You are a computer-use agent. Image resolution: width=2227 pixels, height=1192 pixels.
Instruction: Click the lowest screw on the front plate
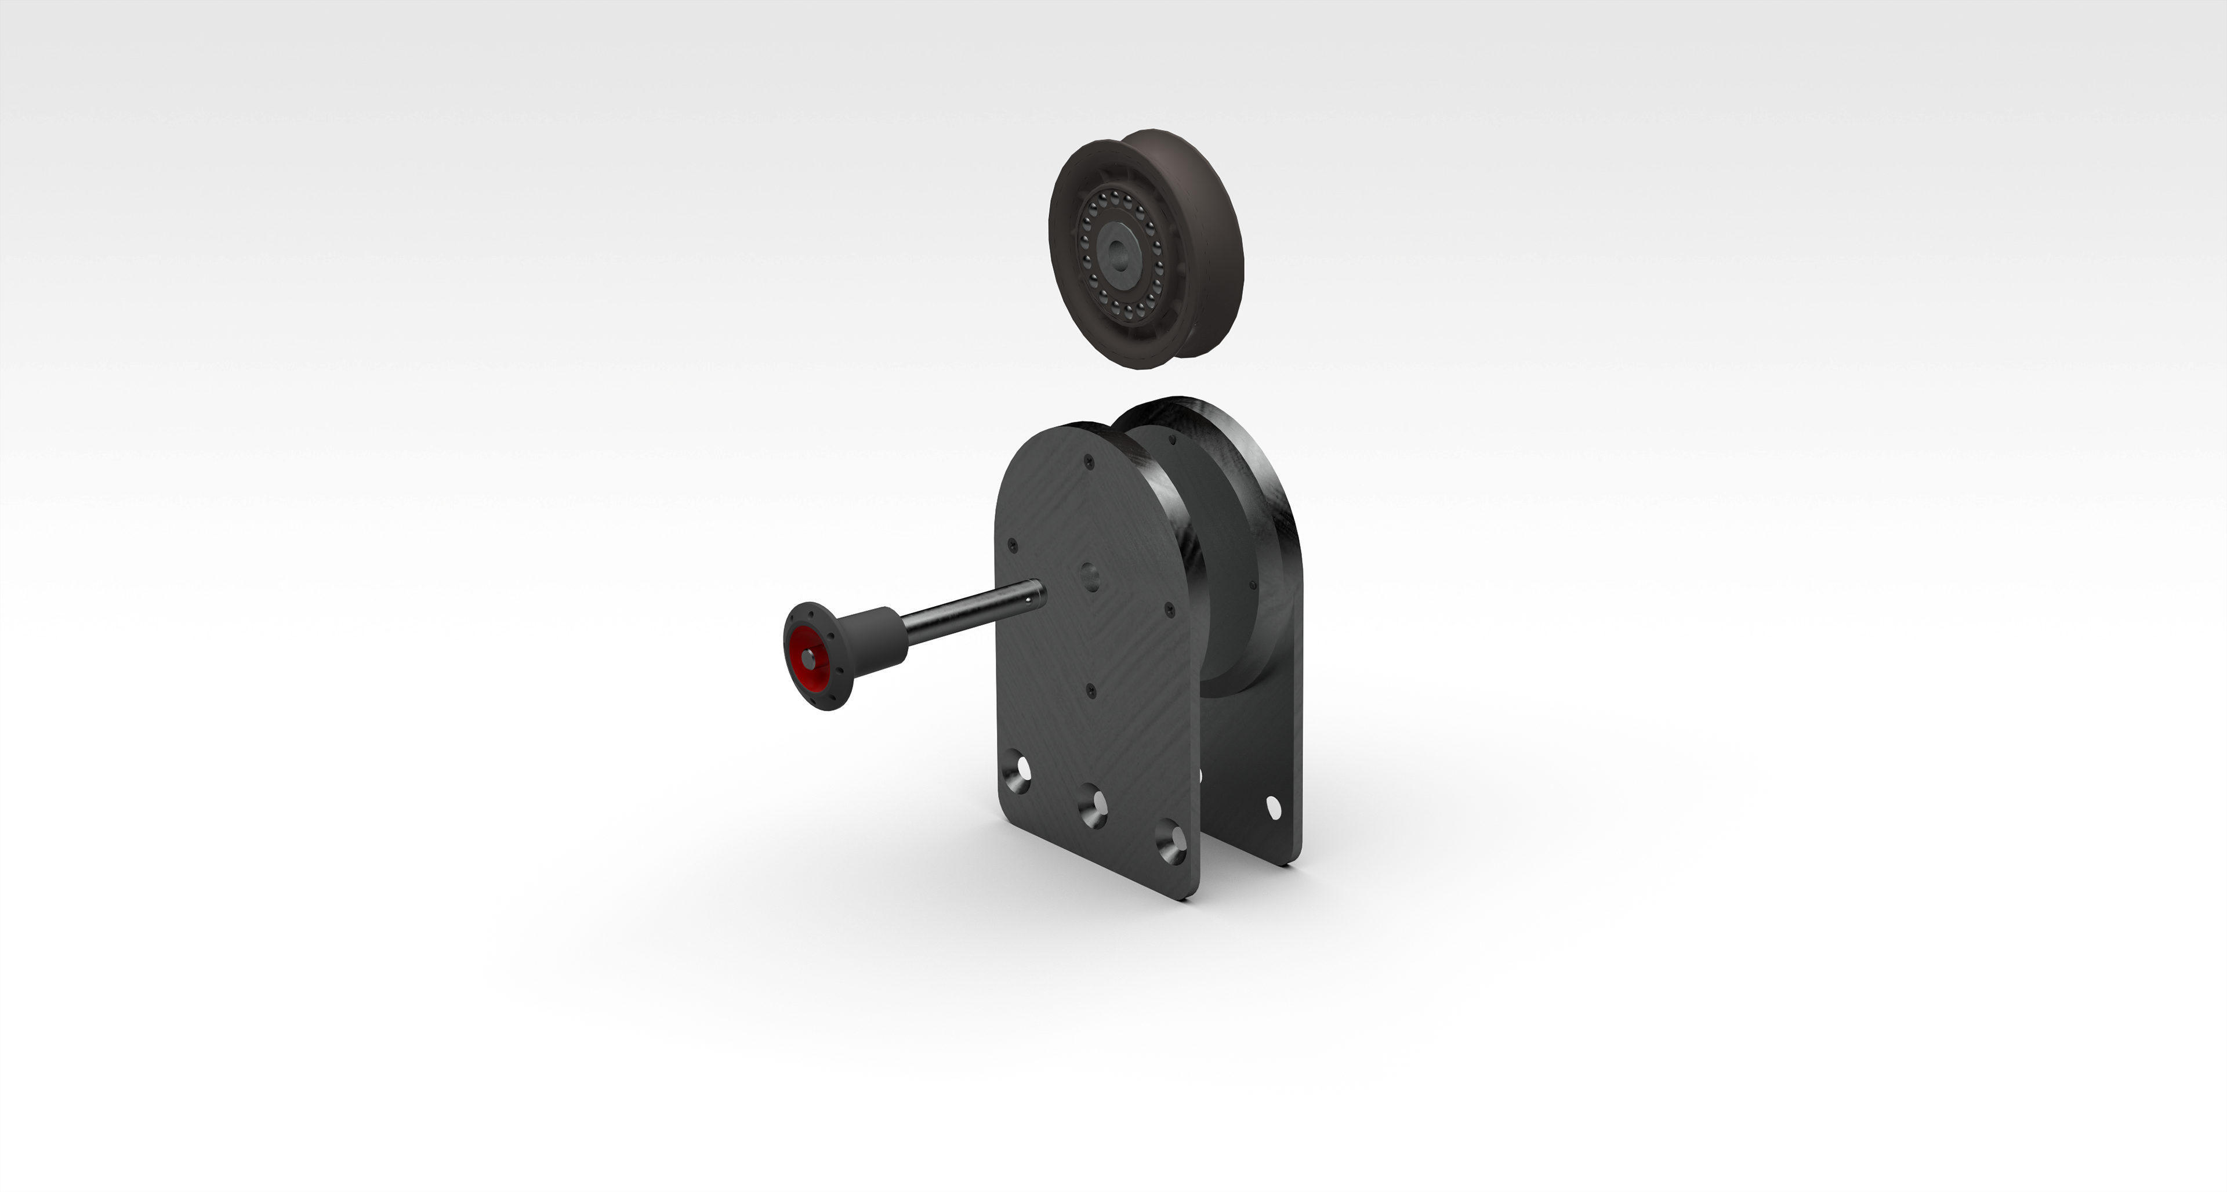click(1091, 690)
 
